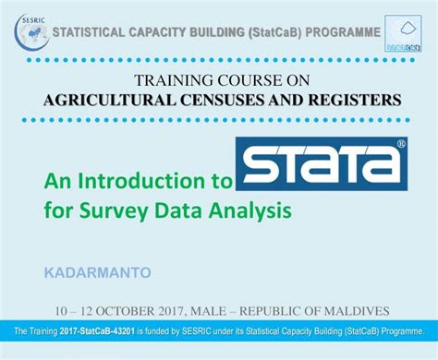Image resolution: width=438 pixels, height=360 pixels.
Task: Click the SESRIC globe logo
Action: pyautogui.click(x=31, y=32)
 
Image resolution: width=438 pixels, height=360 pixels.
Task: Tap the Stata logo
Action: pyautogui.click(x=322, y=163)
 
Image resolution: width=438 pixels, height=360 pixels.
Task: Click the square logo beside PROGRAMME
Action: pyautogui.click(x=403, y=33)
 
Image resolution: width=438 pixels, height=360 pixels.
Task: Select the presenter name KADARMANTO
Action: pyautogui.click(x=98, y=272)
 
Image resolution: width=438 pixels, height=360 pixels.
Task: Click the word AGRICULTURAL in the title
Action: pyautogui.click(x=110, y=100)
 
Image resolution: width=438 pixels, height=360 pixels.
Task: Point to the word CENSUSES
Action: pyautogui.click(x=223, y=100)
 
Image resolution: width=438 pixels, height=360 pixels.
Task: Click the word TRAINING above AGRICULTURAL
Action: pyautogui.click(x=174, y=80)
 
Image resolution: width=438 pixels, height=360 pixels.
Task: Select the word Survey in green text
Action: pyautogui.click(x=114, y=211)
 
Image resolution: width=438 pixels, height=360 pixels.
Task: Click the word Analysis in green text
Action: pyautogui.click(x=249, y=211)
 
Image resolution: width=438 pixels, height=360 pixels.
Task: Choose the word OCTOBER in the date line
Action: pyautogui.click(x=126, y=311)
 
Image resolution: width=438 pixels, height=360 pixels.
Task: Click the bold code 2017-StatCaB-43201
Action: pyautogui.click(x=97, y=331)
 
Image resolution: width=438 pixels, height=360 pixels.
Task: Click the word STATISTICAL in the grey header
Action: pyautogui.click(x=89, y=32)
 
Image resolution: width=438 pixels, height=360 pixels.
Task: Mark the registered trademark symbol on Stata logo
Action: pyautogui.click(x=401, y=143)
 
